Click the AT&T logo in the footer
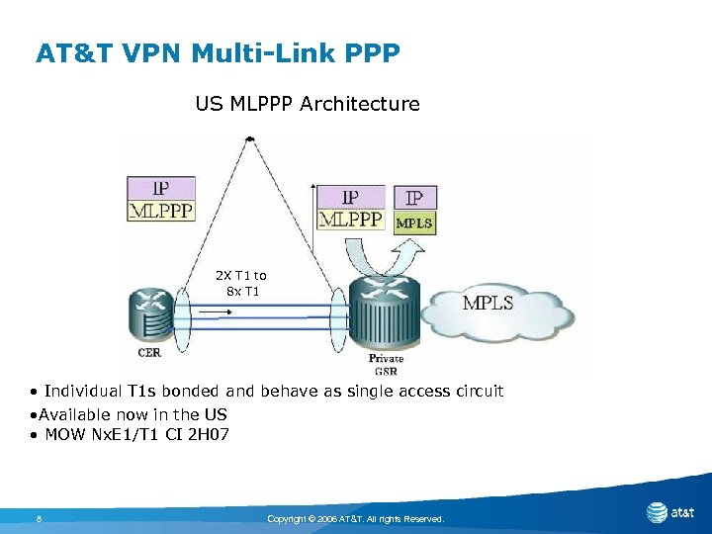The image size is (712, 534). pyautogui.click(x=669, y=512)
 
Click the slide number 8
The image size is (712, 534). pyautogui.click(x=38, y=518)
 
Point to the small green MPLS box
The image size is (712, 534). pyautogui.click(x=414, y=223)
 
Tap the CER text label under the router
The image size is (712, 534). pyautogui.click(x=149, y=352)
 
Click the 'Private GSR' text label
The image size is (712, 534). pyautogui.click(x=386, y=364)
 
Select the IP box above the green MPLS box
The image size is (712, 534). pyautogui.click(x=414, y=198)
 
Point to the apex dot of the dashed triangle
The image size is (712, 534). pyautogui.click(x=250, y=139)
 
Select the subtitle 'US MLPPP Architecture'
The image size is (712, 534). pyautogui.click(x=308, y=104)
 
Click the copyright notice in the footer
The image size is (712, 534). pyautogui.click(x=356, y=518)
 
